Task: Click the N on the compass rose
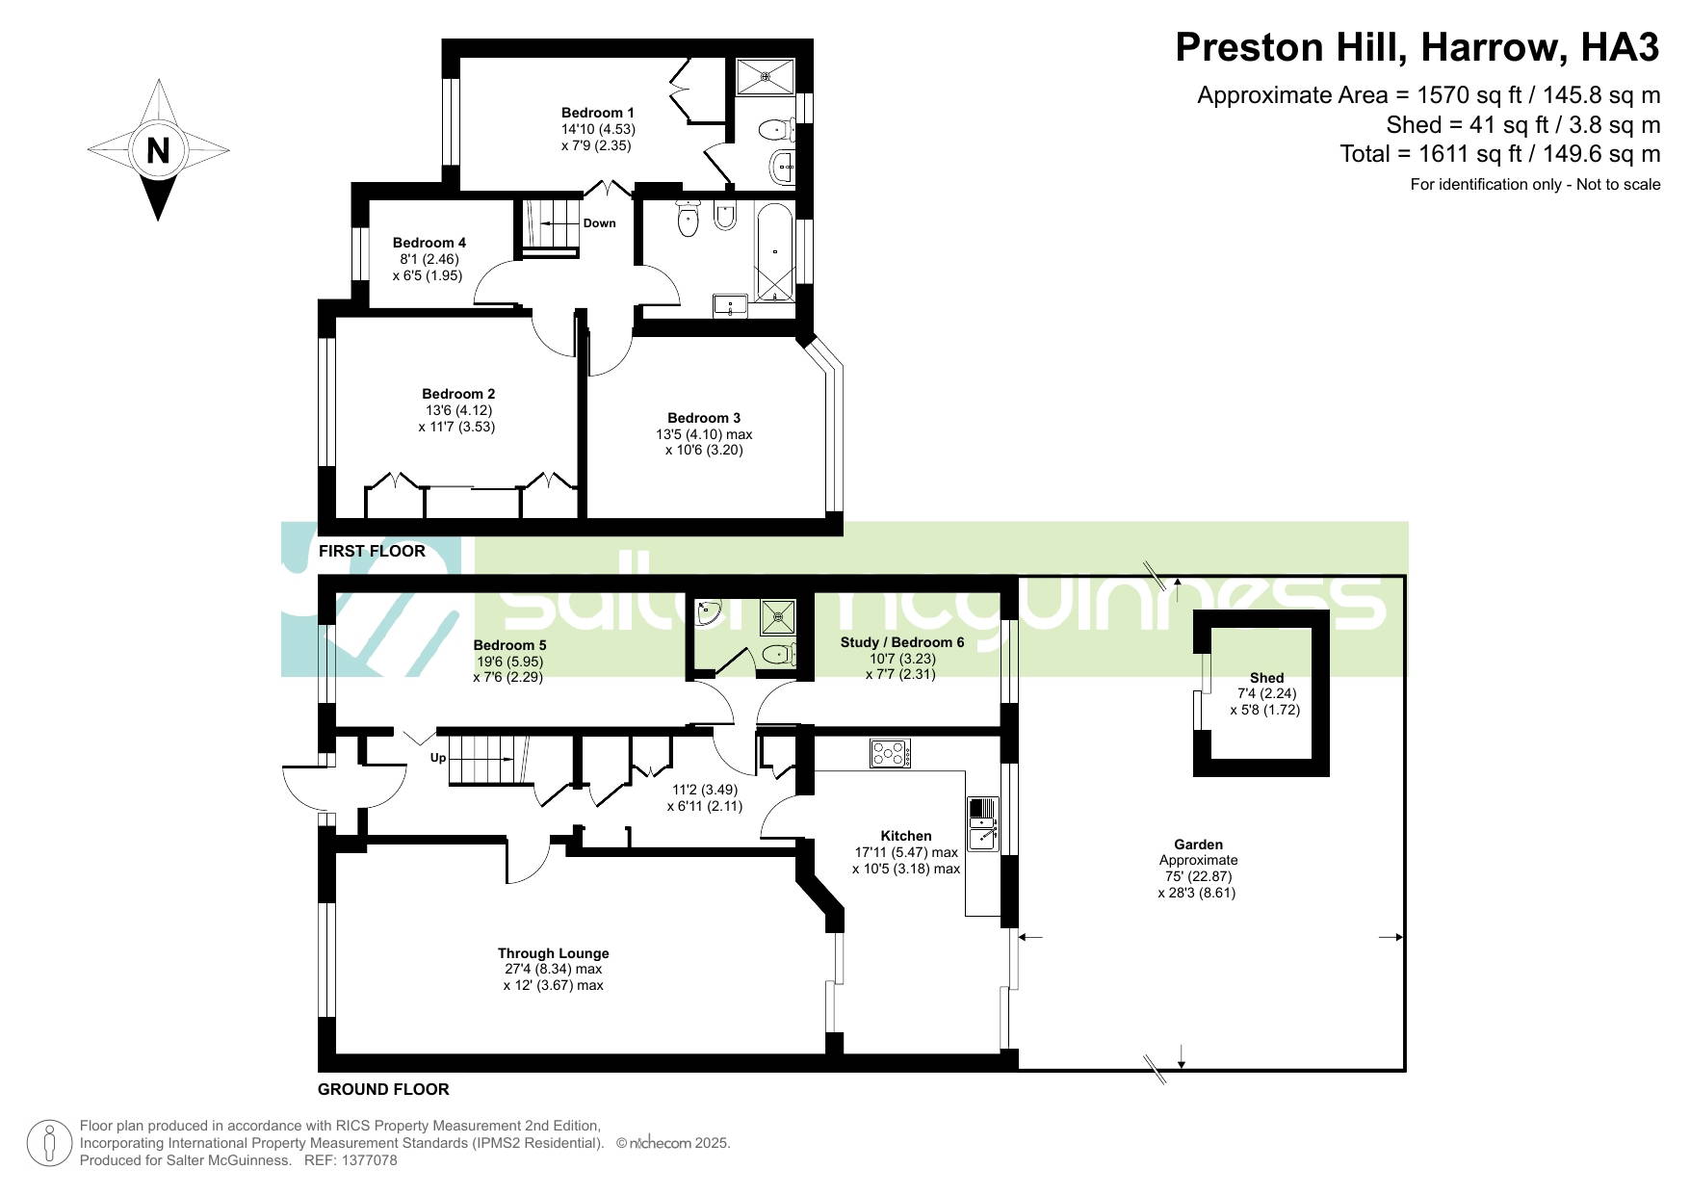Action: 158,150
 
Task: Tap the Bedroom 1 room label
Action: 598,113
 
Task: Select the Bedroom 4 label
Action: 429,243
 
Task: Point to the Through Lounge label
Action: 554,953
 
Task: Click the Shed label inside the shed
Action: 1267,678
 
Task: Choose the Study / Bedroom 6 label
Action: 902,642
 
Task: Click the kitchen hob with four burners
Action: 891,753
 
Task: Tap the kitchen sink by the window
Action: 983,824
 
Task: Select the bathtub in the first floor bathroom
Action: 776,251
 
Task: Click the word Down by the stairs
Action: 599,223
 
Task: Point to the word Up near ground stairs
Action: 438,758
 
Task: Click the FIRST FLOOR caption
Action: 372,551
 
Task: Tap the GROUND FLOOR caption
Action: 383,1089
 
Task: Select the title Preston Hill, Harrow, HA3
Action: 1417,47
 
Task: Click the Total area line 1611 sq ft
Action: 1500,154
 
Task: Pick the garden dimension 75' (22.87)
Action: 1198,876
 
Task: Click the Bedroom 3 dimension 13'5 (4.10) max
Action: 704,434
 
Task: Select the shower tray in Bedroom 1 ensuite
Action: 767,76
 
